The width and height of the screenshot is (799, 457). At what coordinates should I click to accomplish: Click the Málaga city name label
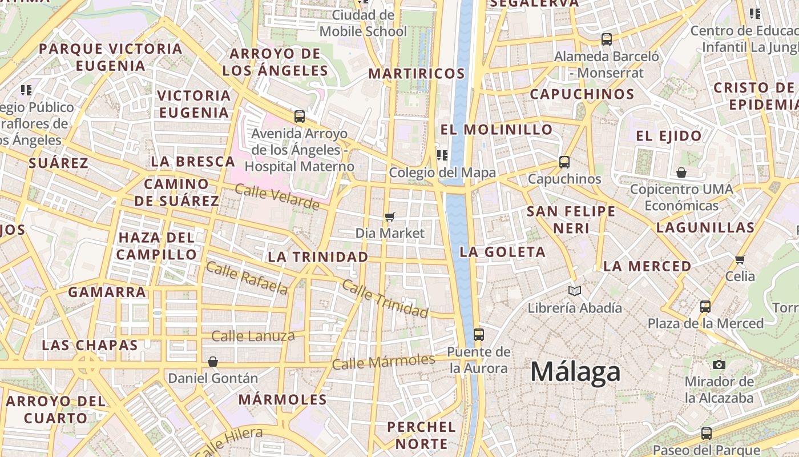[575, 372]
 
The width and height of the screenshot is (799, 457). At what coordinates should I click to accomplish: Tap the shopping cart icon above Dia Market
[390, 217]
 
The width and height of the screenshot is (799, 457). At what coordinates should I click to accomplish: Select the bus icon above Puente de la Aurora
[478, 335]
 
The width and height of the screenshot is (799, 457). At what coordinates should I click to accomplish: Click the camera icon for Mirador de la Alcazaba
[719, 364]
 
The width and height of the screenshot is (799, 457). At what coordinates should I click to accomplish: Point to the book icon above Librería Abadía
[574, 291]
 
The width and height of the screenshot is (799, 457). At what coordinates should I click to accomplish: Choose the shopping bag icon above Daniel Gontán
[213, 362]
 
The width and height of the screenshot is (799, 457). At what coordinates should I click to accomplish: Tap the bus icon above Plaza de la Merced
[705, 307]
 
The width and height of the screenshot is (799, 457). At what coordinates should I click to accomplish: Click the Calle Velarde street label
[277, 197]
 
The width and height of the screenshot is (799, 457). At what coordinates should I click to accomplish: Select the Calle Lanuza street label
[253, 336]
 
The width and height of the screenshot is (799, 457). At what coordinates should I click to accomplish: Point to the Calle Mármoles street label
[384, 362]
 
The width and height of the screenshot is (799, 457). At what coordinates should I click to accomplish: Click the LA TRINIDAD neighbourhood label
[318, 257]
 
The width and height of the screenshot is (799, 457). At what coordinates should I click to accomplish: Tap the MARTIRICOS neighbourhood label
[417, 74]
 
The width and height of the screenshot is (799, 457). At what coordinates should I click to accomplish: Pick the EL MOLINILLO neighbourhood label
[497, 130]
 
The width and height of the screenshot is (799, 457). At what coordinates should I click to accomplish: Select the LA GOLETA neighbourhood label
[503, 252]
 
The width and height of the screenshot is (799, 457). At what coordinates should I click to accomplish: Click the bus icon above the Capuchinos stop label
[564, 162]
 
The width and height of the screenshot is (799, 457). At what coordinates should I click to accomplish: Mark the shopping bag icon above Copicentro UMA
[681, 173]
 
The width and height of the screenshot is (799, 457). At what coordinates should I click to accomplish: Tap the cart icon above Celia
[740, 259]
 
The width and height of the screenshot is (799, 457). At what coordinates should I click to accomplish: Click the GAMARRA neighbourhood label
[107, 292]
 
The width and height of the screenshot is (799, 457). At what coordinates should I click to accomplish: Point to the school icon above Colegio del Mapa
[442, 155]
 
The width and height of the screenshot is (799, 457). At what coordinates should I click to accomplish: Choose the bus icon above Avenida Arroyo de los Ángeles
[300, 117]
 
